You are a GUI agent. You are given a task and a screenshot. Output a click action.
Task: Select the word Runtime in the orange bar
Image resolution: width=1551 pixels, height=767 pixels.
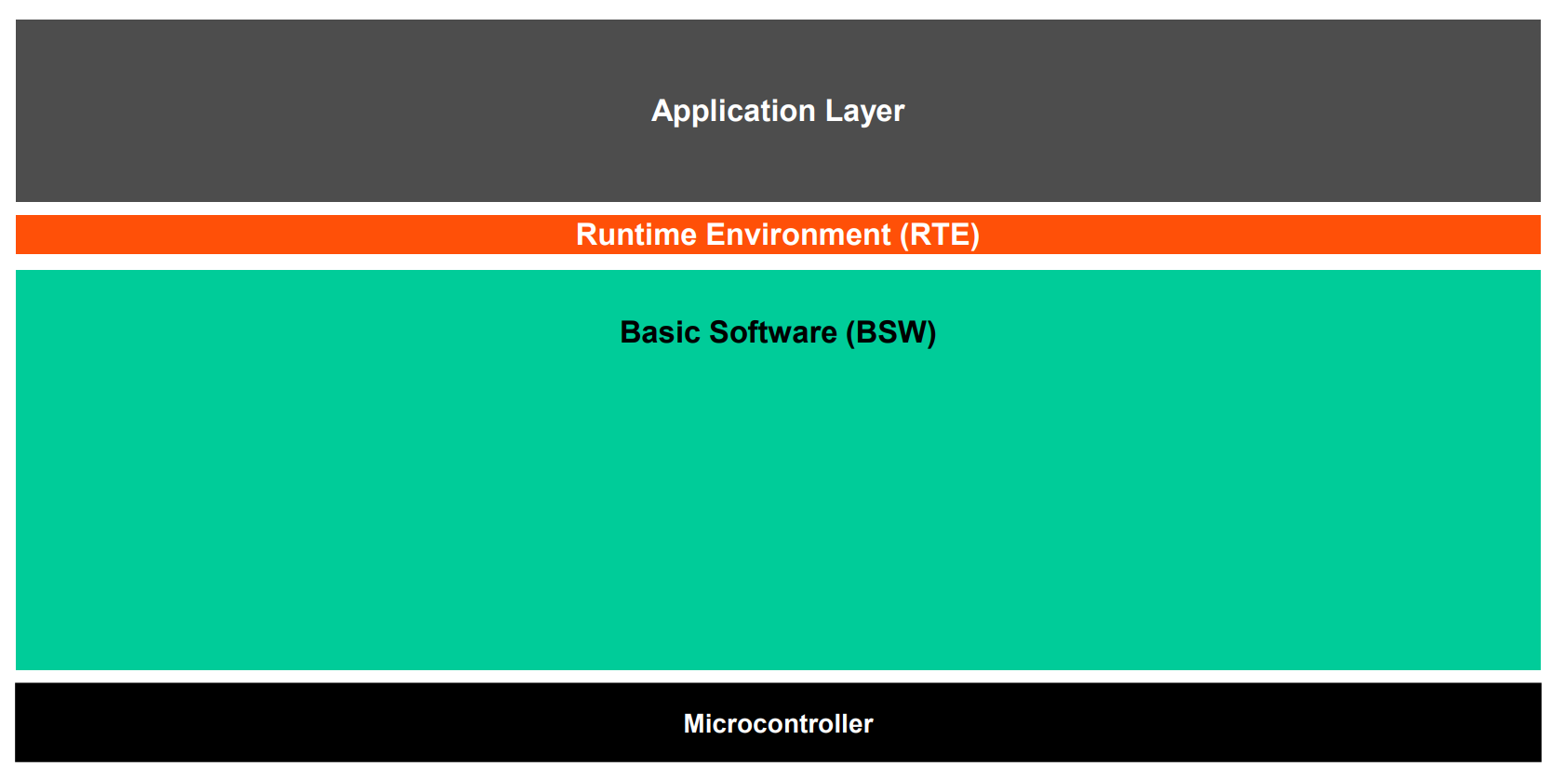[636, 235]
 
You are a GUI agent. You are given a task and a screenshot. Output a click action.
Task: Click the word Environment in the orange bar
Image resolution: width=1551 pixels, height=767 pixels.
[798, 235]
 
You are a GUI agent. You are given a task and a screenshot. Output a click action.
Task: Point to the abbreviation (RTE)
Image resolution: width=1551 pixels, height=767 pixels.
[940, 235]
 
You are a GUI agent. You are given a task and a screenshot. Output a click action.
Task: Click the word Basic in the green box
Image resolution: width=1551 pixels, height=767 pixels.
[660, 332]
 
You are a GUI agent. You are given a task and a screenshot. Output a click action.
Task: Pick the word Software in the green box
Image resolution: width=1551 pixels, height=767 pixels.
[773, 332]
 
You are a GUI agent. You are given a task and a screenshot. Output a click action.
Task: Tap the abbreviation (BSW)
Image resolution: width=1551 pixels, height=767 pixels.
[891, 332]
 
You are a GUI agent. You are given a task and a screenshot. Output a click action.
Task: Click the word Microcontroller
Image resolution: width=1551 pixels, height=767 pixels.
[778, 724]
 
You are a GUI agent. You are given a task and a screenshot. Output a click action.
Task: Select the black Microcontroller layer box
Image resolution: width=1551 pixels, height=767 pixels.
[778, 722]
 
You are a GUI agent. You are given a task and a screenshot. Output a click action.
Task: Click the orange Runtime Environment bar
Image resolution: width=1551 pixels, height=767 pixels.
[778, 235]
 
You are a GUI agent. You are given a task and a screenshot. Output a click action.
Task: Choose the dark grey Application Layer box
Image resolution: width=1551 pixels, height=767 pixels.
[778, 111]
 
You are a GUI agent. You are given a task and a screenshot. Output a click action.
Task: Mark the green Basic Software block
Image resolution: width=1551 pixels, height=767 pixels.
[778, 470]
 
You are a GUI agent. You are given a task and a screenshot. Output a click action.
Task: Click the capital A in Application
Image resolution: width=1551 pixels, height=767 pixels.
[663, 111]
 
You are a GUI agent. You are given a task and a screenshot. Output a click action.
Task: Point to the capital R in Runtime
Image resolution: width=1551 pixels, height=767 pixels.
[587, 235]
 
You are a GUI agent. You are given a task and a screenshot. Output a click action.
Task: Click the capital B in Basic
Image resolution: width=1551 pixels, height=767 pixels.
[631, 332]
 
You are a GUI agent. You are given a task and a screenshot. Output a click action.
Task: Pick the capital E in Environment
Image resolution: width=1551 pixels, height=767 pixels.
[715, 235]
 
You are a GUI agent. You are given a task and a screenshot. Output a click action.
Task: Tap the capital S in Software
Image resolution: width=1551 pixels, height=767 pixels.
[720, 332]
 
